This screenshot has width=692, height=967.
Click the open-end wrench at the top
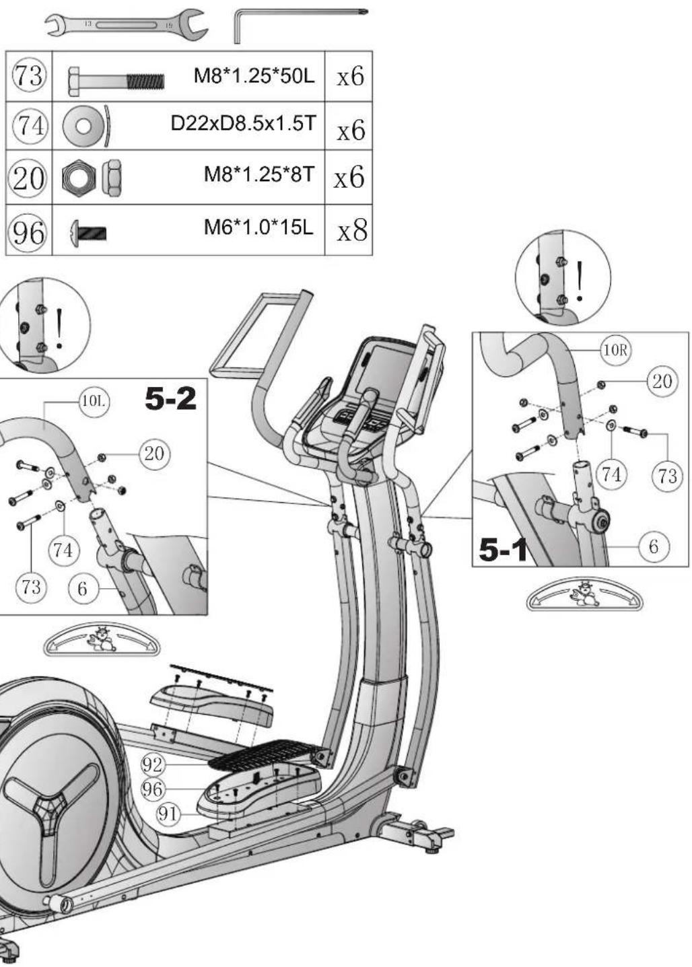click(127, 25)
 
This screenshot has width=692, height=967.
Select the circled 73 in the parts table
click(28, 77)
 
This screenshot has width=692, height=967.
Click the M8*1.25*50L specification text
click(254, 76)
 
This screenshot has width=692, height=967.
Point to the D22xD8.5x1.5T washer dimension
click(244, 124)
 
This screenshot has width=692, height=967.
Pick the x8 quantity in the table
click(352, 230)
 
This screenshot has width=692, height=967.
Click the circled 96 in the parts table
click(28, 233)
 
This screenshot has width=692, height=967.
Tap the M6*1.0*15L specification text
click(258, 227)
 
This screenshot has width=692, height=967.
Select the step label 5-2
click(170, 398)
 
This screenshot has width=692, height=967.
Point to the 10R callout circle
click(615, 350)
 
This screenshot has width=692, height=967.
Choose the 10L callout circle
click(94, 402)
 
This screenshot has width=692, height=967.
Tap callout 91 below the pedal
click(167, 814)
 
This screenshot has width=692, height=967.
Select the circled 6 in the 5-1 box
click(654, 546)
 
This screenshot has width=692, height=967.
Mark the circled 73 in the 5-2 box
click(32, 587)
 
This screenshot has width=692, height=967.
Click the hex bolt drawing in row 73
click(116, 81)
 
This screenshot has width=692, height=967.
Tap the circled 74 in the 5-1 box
click(611, 474)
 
